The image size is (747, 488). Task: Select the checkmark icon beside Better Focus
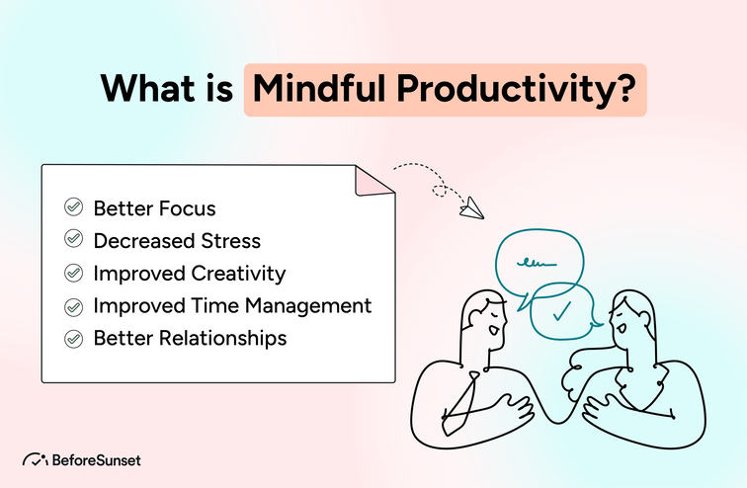coord(73,207)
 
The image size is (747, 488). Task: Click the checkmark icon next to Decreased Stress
coord(73,239)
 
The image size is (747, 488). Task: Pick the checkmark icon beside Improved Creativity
coord(73,272)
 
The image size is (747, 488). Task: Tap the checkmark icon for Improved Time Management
coord(73,305)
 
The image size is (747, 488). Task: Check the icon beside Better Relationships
coord(73,338)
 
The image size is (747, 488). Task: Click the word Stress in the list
coord(228,239)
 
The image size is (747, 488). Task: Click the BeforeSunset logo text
coord(96,459)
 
